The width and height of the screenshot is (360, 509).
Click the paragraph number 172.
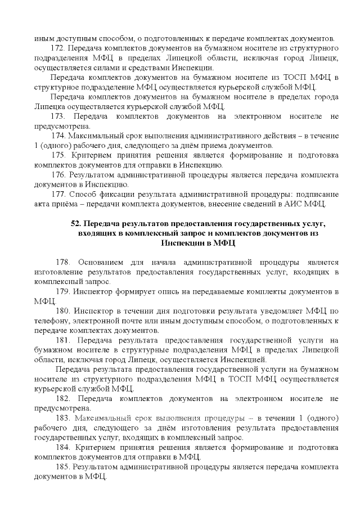point(59,49)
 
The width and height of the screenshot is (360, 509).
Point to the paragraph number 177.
point(59,193)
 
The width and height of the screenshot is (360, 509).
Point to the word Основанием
point(104,263)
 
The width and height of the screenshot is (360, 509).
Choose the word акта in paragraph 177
point(42,203)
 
